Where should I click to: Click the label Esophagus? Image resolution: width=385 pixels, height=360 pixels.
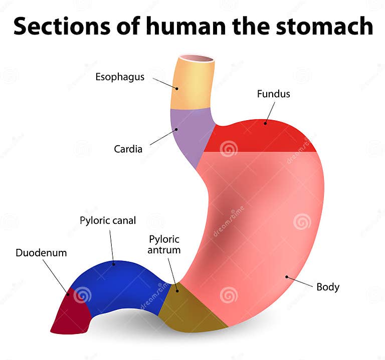tap(120, 77)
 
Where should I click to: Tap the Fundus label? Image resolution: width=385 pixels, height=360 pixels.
tap(273, 94)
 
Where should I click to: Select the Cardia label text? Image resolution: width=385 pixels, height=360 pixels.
tap(128, 149)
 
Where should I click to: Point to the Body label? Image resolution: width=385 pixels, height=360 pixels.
tap(328, 287)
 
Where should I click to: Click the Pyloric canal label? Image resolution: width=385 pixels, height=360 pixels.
tap(108, 220)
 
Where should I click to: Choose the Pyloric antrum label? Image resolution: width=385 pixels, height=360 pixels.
tap(164, 244)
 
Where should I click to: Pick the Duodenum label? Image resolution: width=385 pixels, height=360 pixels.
tap(41, 253)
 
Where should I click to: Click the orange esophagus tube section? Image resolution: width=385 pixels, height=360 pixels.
tap(193, 85)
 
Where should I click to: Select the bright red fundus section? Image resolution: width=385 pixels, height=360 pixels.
tap(261, 138)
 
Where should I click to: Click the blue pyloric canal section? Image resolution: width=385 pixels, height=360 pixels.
tap(120, 283)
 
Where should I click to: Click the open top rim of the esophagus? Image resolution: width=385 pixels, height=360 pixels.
tap(197, 59)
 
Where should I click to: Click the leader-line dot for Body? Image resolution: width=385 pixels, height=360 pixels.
tap(287, 276)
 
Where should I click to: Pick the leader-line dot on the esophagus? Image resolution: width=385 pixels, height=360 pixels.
tap(176, 88)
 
